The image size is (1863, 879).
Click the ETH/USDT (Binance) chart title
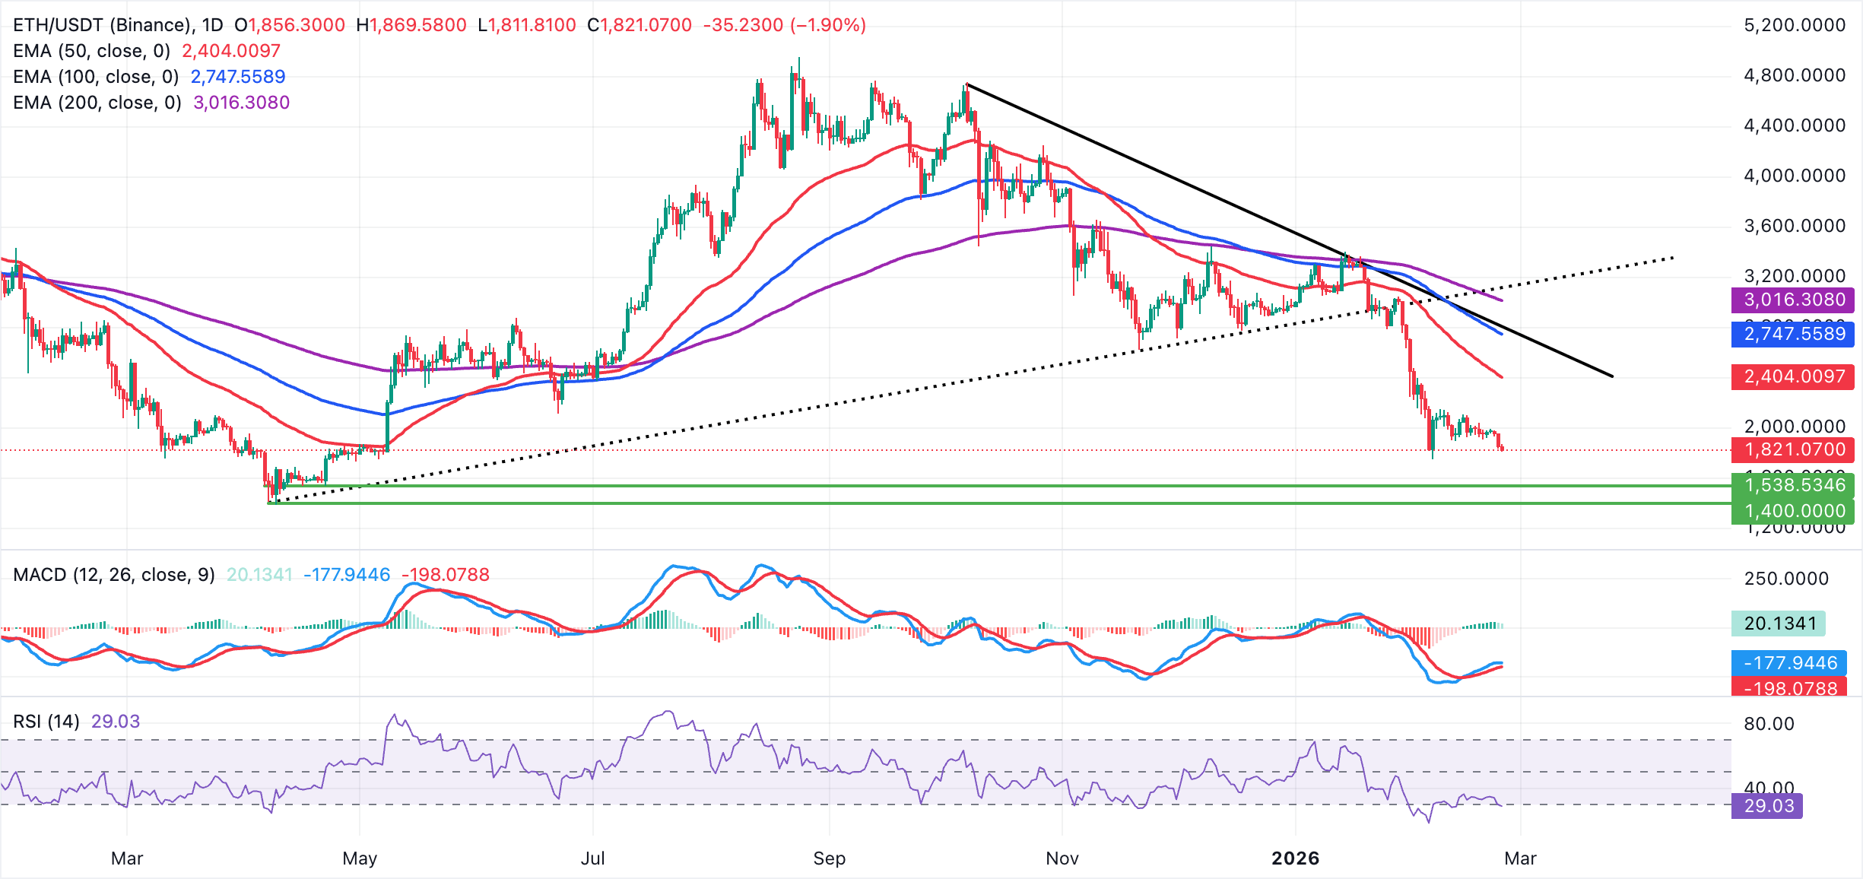tap(103, 25)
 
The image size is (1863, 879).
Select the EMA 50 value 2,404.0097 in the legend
tap(231, 51)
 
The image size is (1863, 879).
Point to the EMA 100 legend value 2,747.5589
tap(238, 77)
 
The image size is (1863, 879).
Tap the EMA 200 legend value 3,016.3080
tap(241, 103)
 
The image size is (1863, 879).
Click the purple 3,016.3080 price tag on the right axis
tap(1793, 300)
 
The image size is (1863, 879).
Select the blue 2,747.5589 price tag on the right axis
tap(1793, 334)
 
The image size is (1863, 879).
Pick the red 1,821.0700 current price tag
tap(1793, 449)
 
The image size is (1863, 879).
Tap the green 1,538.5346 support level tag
tap(1793, 484)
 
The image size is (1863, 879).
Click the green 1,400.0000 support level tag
tap(1793, 511)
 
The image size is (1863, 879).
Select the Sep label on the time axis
tap(829, 858)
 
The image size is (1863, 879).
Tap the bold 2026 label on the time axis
tap(1296, 858)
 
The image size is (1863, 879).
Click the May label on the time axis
tap(360, 858)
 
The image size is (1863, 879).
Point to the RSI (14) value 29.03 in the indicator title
tap(116, 722)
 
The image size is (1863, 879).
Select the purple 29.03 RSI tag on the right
tap(1767, 806)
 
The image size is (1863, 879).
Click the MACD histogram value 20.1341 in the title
tap(259, 575)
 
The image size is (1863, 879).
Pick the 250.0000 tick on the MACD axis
tap(1786, 579)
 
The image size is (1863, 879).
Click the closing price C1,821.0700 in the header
tap(640, 25)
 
